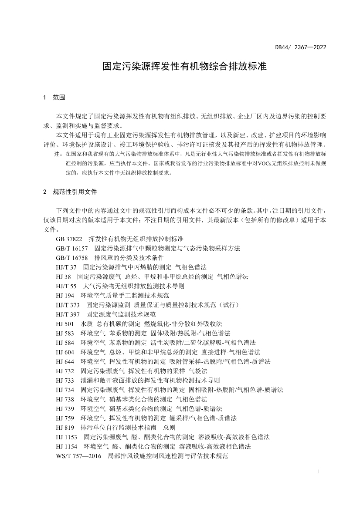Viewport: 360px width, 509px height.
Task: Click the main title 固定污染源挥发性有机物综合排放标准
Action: coord(184,67)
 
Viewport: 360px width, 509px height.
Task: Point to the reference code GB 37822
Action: coord(69,239)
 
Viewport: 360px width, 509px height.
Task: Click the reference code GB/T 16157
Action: coord(72,248)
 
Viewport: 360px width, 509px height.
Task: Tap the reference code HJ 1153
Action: coord(67,437)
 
